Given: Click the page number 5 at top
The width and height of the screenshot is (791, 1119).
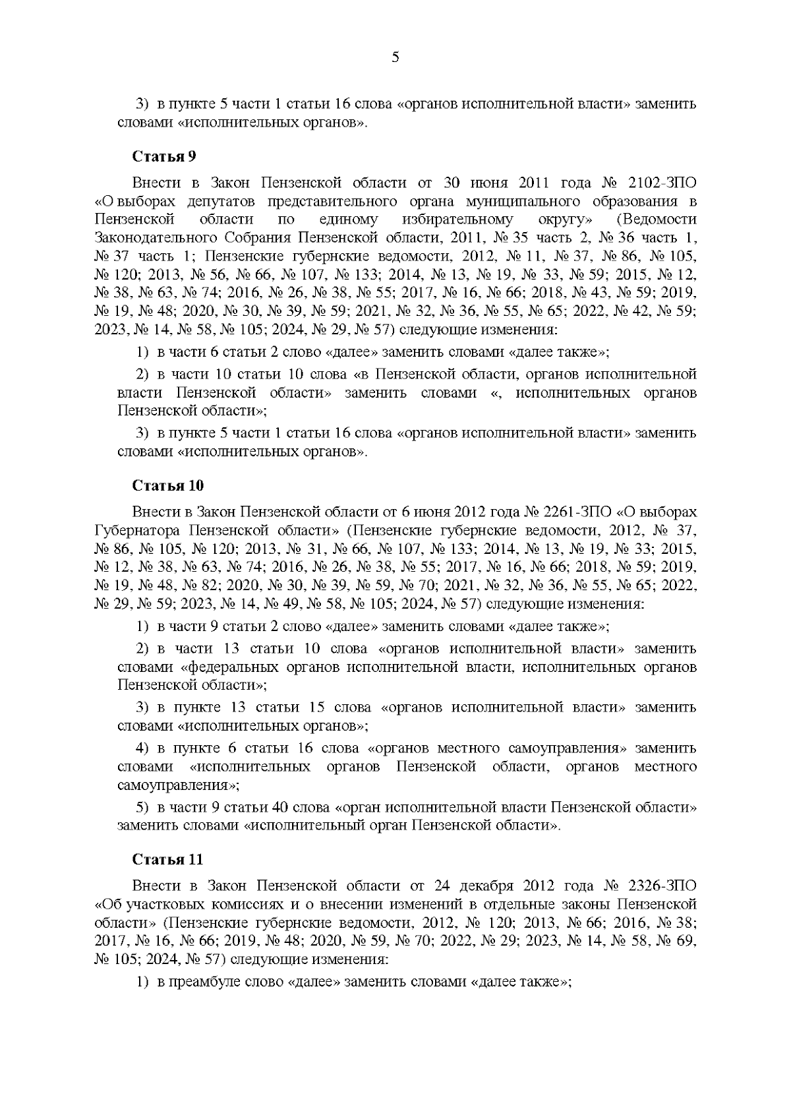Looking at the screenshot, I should click(x=395, y=57).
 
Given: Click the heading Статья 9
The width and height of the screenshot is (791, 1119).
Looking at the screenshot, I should click(x=164, y=157).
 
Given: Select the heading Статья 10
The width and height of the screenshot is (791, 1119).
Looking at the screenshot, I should click(x=167, y=486).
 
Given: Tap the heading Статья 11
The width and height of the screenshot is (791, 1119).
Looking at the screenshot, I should click(x=167, y=860).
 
